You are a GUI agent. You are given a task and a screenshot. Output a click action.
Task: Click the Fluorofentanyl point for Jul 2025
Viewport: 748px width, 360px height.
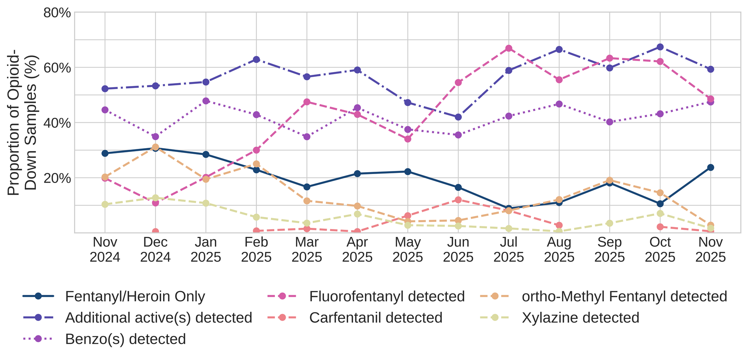[x=509, y=48]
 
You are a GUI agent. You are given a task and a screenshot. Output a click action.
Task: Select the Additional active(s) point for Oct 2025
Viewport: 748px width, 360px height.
[x=660, y=47]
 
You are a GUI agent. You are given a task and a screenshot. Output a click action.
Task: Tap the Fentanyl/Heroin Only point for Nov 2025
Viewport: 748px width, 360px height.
[x=711, y=167]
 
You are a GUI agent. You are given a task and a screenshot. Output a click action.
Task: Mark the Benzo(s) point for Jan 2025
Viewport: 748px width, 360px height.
[x=206, y=101]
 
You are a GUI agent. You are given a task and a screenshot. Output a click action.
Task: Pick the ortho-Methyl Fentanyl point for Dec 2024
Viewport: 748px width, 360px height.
[x=155, y=147]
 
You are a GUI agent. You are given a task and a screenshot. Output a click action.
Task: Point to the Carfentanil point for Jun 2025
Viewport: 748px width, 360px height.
[x=458, y=200]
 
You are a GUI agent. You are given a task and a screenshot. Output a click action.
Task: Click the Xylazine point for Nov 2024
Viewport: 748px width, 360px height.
[x=105, y=204]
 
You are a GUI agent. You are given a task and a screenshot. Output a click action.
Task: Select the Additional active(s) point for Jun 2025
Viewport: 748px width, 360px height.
[x=458, y=117]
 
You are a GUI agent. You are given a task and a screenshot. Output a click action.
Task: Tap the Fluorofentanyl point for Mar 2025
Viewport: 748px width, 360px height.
[x=307, y=102]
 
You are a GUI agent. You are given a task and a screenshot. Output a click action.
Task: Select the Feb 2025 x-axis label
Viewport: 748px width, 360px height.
[x=256, y=250]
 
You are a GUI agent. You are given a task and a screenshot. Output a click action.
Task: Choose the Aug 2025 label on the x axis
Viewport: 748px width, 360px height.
[x=559, y=250]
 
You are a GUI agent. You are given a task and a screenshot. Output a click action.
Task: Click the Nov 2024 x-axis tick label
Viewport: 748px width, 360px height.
[x=105, y=250]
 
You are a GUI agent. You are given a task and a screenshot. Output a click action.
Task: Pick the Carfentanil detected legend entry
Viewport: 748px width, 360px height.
[x=376, y=318]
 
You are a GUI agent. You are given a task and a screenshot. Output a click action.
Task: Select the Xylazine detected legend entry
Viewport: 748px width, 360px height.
[x=580, y=318]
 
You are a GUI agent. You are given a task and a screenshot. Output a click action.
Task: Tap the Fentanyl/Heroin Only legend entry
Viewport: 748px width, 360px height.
[x=135, y=296]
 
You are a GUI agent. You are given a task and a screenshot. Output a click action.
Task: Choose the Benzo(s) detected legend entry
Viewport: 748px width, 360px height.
[x=125, y=339]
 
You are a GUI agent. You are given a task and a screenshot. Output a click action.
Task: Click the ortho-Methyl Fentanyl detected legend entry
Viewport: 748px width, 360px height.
[x=624, y=296]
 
